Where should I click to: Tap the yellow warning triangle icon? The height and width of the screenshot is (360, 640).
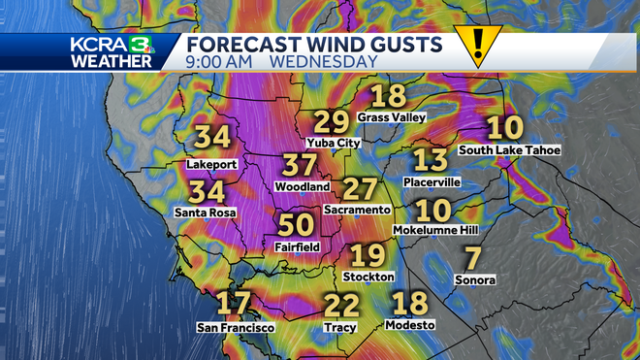pos(478,46)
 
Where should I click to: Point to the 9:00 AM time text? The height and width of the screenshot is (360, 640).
pos(222,61)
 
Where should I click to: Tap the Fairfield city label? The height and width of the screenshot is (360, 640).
pos(296,247)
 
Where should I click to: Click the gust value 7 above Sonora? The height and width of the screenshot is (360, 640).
pos(473,259)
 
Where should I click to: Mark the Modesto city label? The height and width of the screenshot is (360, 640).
pos(410,324)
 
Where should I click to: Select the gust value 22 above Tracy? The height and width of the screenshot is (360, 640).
pos(341,307)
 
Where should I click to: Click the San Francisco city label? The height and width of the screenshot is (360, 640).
pos(236,327)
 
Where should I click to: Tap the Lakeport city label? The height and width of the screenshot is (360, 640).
pos(210,164)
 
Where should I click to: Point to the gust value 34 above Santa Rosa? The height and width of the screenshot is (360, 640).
pos(208,192)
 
